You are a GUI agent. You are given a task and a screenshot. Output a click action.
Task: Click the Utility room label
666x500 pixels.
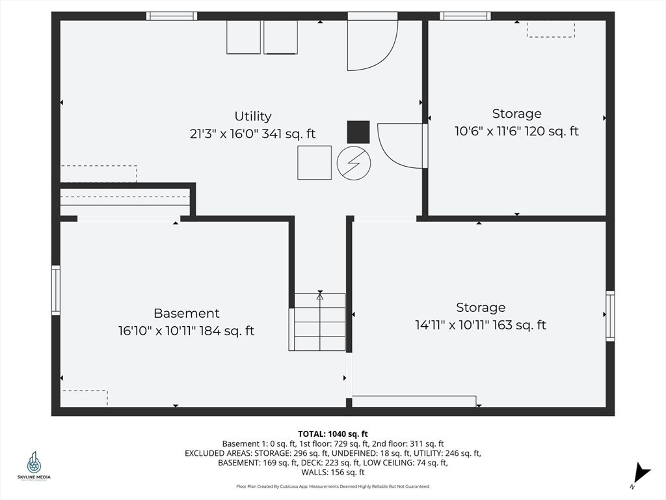pyautogui.click(x=253, y=116)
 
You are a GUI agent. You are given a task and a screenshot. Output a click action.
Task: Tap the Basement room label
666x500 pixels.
pyautogui.click(x=187, y=313)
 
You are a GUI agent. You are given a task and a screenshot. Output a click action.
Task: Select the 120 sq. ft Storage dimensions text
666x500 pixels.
pyautogui.click(x=516, y=131)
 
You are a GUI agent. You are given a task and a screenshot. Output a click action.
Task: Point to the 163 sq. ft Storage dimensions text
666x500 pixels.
pyautogui.click(x=481, y=325)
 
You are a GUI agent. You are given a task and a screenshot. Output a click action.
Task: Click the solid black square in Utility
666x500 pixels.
pyautogui.click(x=358, y=132)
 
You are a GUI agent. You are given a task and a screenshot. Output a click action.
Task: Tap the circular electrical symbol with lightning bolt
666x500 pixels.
pyautogui.click(x=354, y=163)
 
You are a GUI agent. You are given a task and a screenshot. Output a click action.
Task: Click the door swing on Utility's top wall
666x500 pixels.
pyautogui.click(x=373, y=42)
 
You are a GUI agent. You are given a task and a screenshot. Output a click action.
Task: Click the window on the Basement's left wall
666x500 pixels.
pyautogui.click(x=56, y=290)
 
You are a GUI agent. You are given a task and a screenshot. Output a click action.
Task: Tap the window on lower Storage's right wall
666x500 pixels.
pyautogui.click(x=610, y=316)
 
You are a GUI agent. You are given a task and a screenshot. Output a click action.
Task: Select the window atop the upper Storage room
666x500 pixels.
pyautogui.click(x=465, y=16)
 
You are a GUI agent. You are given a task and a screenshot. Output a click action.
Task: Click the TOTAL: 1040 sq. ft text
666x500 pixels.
pyautogui.click(x=332, y=434)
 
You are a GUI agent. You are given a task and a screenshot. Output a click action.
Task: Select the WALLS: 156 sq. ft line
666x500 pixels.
pyautogui.click(x=332, y=472)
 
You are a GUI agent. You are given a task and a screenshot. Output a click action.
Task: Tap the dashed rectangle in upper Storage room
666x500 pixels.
pyautogui.click(x=551, y=30)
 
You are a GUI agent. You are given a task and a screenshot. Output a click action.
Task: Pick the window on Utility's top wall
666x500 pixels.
pyautogui.click(x=172, y=16)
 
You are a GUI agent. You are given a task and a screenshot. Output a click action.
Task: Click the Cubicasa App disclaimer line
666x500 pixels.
pyautogui.click(x=333, y=486)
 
